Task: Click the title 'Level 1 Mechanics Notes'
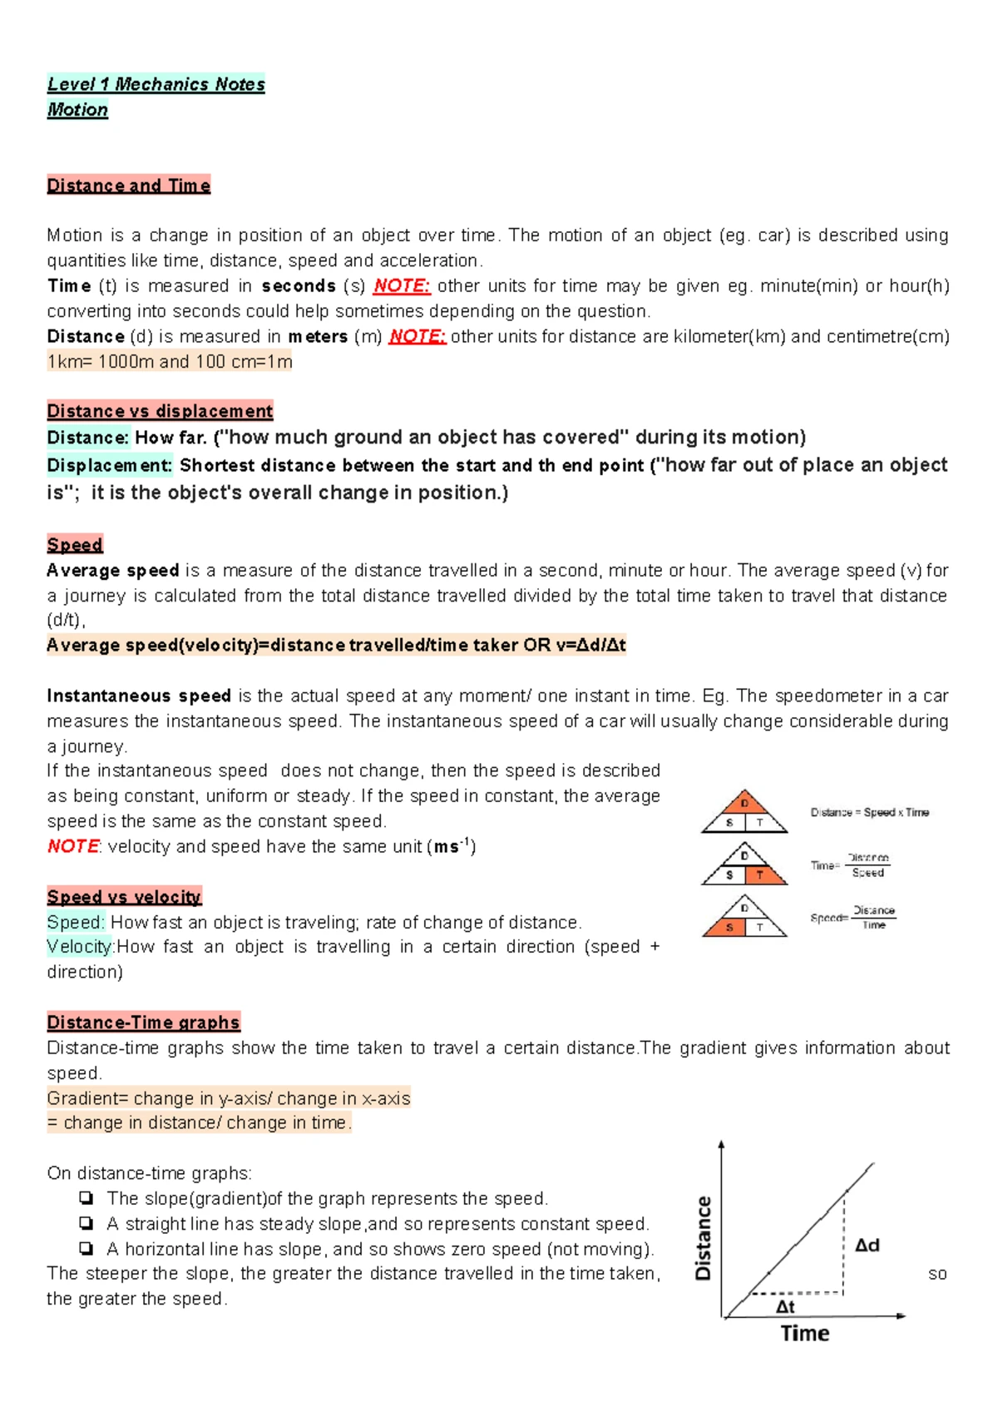click(x=156, y=84)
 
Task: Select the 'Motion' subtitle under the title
click(x=77, y=110)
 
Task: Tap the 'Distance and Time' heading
click(x=128, y=186)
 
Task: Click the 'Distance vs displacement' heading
click(x=160, y=411)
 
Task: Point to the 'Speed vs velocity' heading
click(x=124, y=897)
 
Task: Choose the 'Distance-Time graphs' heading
click(x=143, y=1023)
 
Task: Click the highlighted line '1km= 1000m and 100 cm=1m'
click(x=170, y=362)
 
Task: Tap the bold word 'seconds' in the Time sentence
click(x=299, y=286)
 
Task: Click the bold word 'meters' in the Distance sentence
click(x=318, y=337)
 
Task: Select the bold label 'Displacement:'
click(x=109, y=466)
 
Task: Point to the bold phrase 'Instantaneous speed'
click(x=139, y=696)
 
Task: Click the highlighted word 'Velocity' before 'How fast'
click(x=79, y=947)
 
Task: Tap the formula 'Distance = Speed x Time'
click(x=870, y=812)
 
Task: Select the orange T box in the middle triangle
click(x=759, y=874)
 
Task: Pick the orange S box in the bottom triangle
click(x=729, y=927)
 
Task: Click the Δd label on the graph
click(x=867, y=1245)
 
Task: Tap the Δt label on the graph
click(x=785, y=1307)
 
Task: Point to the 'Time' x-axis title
click(x=804, y=1334)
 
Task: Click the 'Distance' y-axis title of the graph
click(x=704, y=1237)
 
